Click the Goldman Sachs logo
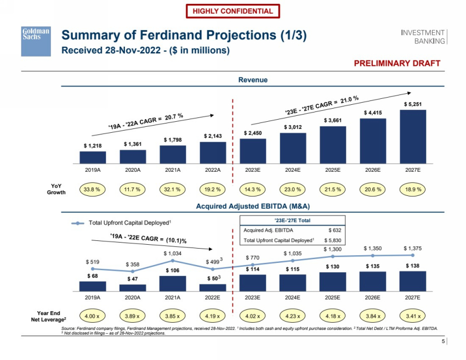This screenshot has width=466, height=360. click(x=36, y=41)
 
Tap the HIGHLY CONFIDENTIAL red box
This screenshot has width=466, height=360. click(x=233, y=11)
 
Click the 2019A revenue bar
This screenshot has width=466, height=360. click(x=93, y=157)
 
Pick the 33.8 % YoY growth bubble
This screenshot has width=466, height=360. click(x=93, y=189)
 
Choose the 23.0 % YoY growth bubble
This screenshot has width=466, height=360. click(x=293, y=189)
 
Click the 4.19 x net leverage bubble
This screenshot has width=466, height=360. click(x=213, y=317)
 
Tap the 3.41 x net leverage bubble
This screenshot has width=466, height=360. click(x=412, y=317)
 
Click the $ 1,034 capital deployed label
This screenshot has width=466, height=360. click(x=173, y=254)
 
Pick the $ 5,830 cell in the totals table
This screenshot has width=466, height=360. click(x=332, y=240)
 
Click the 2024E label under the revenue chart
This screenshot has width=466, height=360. click(x=293, y=170)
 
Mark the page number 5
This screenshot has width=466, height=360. click(x=443, y=342)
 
